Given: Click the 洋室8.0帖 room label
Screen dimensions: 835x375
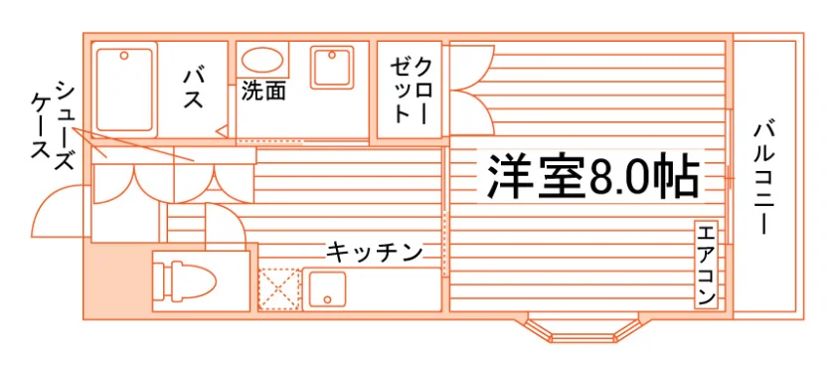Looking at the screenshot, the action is pos(592,176).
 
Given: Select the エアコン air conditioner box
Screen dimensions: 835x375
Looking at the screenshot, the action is pos(706,265).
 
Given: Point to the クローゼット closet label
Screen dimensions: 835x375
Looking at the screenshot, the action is pos(410,91).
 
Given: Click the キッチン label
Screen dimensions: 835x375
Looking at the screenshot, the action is pos(375,252).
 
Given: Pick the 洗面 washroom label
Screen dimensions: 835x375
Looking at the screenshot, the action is pos(263,91).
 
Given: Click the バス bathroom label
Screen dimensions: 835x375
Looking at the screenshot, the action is pos(193,89).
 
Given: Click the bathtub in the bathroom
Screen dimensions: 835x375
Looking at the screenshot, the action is pos(124,89).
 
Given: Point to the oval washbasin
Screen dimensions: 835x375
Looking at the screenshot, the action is pos(262,59).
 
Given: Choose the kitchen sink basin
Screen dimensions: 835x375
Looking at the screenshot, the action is pos(327,289).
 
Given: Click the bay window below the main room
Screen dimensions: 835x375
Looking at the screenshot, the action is pos(582,329).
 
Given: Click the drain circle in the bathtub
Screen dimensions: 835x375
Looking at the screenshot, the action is pos(124,55).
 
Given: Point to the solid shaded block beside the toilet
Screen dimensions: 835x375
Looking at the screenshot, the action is pos(117,281).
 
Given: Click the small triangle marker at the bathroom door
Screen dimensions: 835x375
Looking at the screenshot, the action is pos(222,130).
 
